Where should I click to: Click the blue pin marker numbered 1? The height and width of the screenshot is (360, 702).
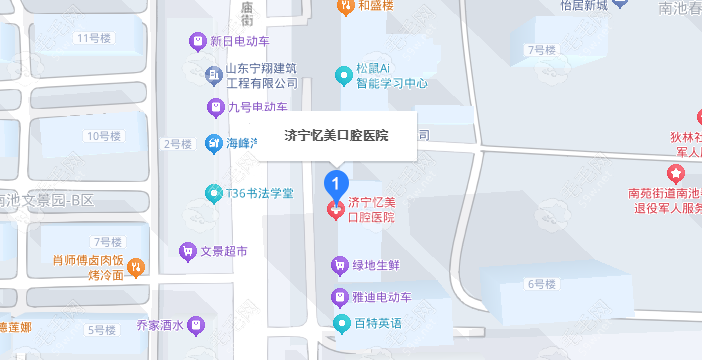337,184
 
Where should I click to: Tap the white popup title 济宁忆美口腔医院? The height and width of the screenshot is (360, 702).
336,135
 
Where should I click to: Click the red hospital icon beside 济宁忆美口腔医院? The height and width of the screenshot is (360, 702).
336,209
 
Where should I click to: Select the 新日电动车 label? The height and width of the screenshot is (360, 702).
240,42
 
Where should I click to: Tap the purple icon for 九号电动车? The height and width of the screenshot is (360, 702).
213,106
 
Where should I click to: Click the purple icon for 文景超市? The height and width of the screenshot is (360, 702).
187,250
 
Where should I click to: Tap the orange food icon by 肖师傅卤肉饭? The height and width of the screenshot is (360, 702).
137,266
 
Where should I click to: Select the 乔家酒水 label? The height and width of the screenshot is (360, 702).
161,325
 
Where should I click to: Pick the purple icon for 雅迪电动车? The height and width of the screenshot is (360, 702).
340,297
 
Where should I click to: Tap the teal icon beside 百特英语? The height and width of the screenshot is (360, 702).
340,323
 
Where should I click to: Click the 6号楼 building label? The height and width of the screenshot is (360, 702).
540,284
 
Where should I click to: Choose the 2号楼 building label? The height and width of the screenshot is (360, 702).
177,144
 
